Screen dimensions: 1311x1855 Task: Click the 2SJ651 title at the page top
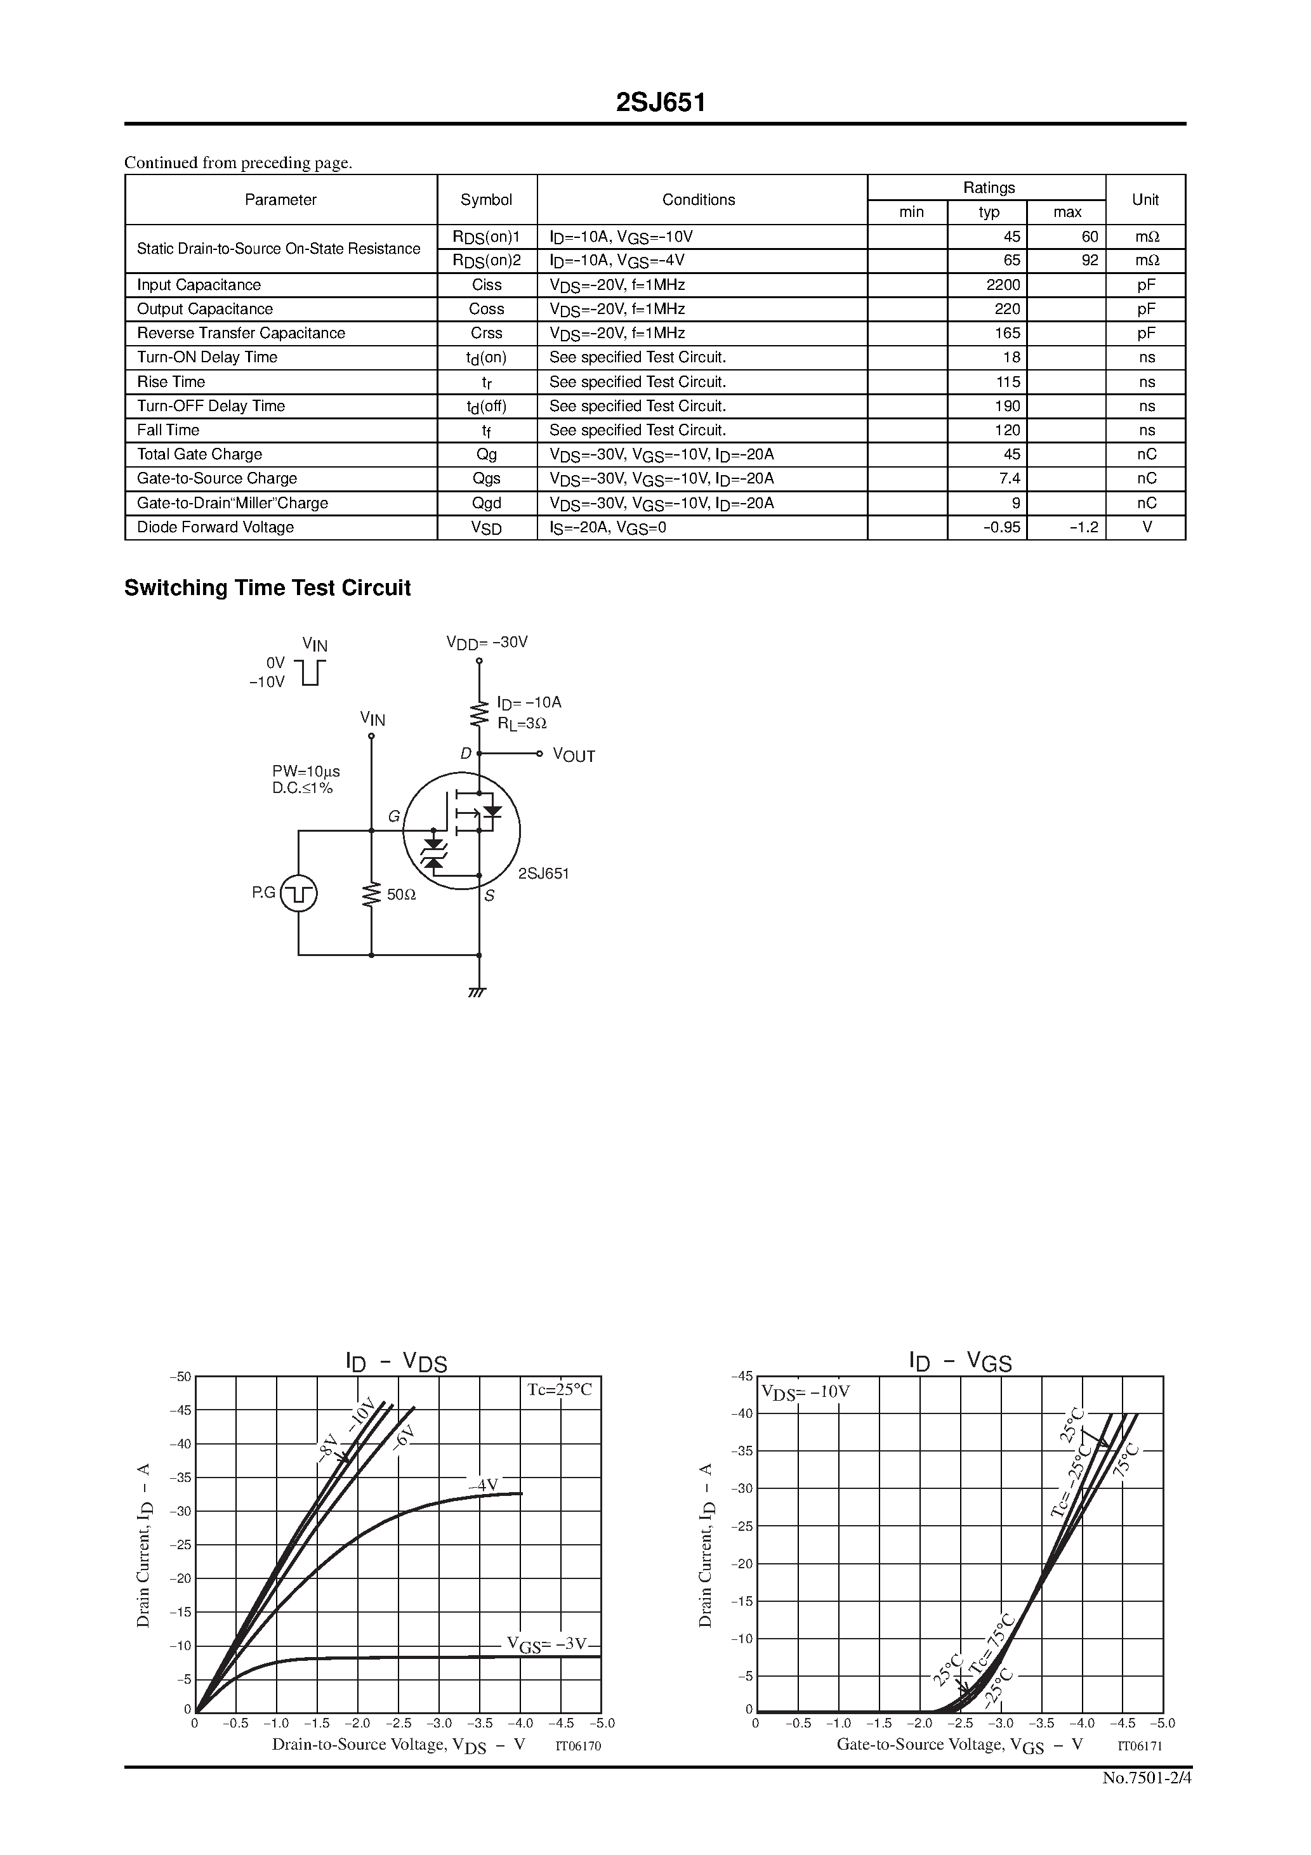click(x=661, y=103)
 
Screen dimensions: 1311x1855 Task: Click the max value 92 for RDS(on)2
click(x=1090, y=261)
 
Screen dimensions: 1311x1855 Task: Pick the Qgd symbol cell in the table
click(x=487, y=503)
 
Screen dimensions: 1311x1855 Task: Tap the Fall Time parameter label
click(x=168, y=431)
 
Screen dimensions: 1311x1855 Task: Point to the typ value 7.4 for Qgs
click(x=1009, y=479)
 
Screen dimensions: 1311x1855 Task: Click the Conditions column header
click(x=699, y=200)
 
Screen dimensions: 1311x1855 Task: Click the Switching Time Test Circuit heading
click(x=268, y=588)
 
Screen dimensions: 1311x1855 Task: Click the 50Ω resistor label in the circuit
click(x=401, y=895)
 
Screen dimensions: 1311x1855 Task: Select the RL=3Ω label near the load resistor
click(x=522, y=724)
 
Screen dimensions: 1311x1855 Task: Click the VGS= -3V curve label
click(x=546, y=1644)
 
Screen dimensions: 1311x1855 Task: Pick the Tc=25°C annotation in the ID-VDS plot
click(x=559, y=1389)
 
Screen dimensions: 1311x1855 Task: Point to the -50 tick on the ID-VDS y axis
click(x=180, y=1377)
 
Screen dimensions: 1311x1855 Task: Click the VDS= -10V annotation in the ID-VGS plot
click(x=805, y=1392)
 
